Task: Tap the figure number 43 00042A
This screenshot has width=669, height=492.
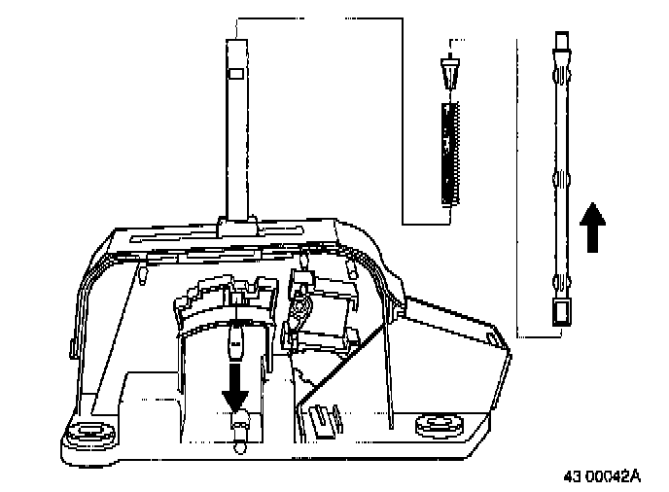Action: tap(603, 476)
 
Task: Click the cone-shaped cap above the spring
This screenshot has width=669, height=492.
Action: tap(448, 74)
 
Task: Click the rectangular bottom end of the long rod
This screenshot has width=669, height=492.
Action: tap(561, 313)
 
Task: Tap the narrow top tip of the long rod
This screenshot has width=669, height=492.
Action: tap(561, 41)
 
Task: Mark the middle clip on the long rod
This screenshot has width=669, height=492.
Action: tap(561, 178)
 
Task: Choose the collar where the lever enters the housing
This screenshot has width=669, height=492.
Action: tap(237, 226)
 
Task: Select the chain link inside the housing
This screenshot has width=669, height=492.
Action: tap(299, 311)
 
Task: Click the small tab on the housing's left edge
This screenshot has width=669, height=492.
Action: tap(75, 345)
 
